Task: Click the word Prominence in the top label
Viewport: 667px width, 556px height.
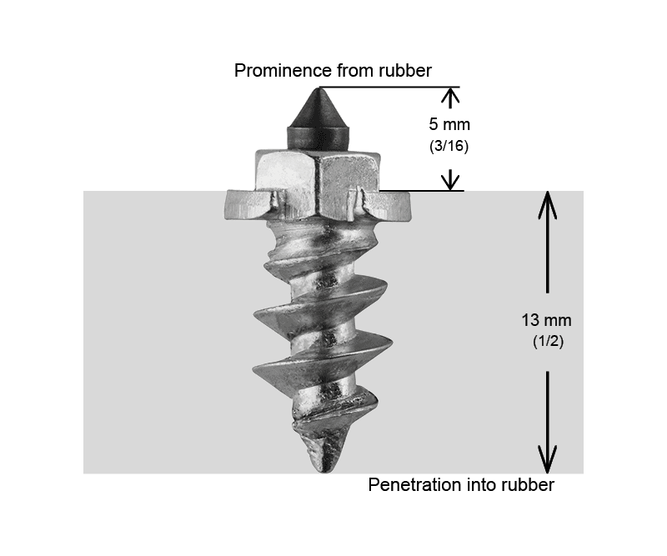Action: [283, 71]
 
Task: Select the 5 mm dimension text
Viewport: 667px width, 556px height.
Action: [449, 124]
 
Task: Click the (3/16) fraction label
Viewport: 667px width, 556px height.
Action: [449, 146]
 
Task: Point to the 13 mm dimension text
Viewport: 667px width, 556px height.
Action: [547, 320]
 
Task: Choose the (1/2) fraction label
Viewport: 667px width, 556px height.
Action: [548, 341]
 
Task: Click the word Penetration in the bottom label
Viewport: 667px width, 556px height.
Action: [414, 485]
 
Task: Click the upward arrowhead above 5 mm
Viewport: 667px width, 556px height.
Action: [450, 96]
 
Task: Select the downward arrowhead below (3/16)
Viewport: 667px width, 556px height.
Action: [450, 182]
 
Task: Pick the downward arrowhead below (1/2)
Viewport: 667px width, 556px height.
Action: [548, 459]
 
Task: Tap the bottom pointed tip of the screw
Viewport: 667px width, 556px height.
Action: [323, 471]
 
